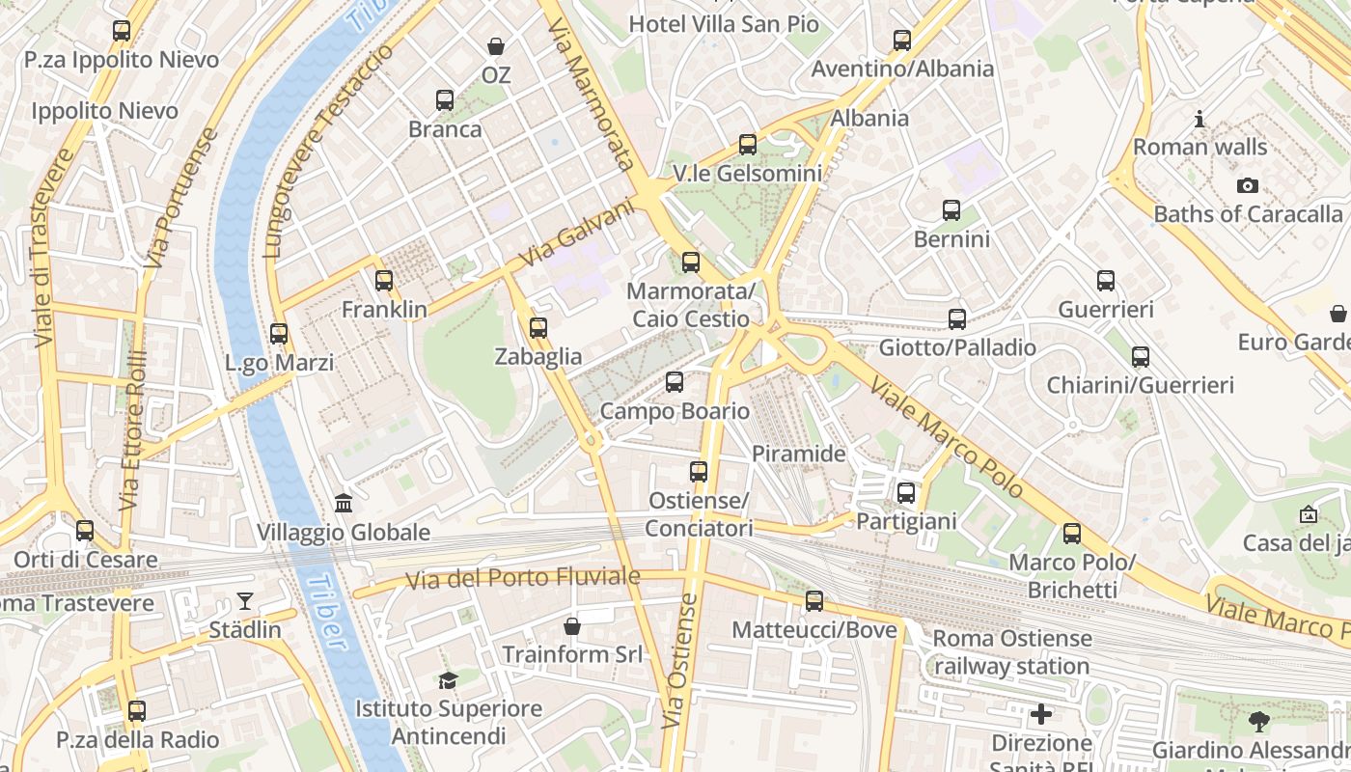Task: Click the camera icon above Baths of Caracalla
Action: pos(1248,186)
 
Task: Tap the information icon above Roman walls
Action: pos(1199,120)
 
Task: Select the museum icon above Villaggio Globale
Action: pos(344,503)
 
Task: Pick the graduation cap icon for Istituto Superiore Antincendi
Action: pos(448,680)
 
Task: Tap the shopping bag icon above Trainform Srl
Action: pos(572,626)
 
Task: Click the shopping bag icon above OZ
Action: pos(496,46)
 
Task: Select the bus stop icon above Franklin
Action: pos(384,281)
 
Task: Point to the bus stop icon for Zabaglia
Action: pos(538,328)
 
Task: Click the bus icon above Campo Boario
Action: pos(675,382)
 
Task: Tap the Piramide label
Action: pos(798,454)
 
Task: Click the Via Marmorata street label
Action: pos(591,96)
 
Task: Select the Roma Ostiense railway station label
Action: pos(1012,652)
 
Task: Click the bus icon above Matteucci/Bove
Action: pos(814,601)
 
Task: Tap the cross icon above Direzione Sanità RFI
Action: pos(1041,714)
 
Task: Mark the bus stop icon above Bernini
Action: pos(951,210)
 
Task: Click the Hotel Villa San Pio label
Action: pos(724,24)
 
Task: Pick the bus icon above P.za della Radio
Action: pos(137,711)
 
